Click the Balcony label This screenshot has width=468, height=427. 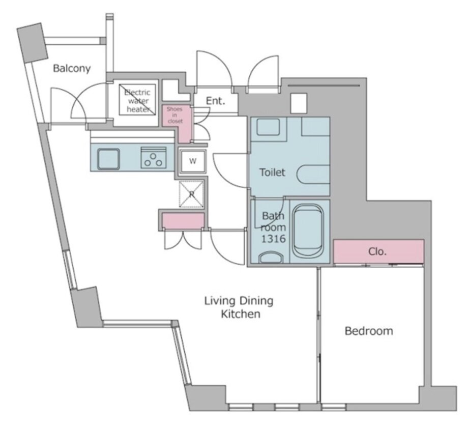click(72, 68)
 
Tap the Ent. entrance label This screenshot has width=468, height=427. click(216, 101)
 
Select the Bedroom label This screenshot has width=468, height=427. click(369, 331)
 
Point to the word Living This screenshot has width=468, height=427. click(219, 301)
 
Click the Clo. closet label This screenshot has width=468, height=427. click(377, 252)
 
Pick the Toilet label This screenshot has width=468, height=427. click(272, 173)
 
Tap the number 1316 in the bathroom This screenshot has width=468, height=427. click(273, 239)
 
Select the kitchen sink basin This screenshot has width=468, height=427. click(109, 159)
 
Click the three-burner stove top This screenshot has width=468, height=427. click(154, 158)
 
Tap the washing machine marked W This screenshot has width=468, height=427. click(193, 161)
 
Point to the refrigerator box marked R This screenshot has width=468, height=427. click(191, 194)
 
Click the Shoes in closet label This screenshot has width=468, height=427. click(175, 115)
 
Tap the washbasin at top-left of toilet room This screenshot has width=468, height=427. click(268, 127)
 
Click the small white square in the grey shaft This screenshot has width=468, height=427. click(299, 103)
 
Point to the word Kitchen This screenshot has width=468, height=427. click(241, 314)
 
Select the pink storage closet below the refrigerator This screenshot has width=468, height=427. click(183, 220)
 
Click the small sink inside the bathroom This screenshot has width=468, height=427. click(271, 258)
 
